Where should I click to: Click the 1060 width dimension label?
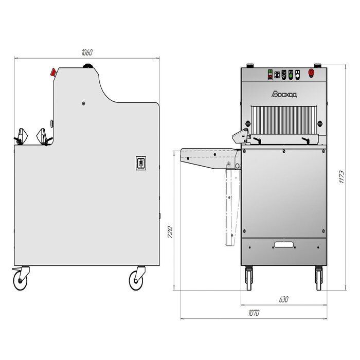coord(87,52)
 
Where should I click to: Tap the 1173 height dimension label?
coord(341,177)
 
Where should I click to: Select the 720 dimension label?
coord(170,232)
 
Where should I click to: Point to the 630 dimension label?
coord(283,299)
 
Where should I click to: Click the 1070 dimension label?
coord(254,313)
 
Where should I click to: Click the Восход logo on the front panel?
coord(284,94)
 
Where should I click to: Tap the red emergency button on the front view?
coord(311,73)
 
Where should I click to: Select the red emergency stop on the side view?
coord(53,72)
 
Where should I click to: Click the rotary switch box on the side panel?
coord(141,163)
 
